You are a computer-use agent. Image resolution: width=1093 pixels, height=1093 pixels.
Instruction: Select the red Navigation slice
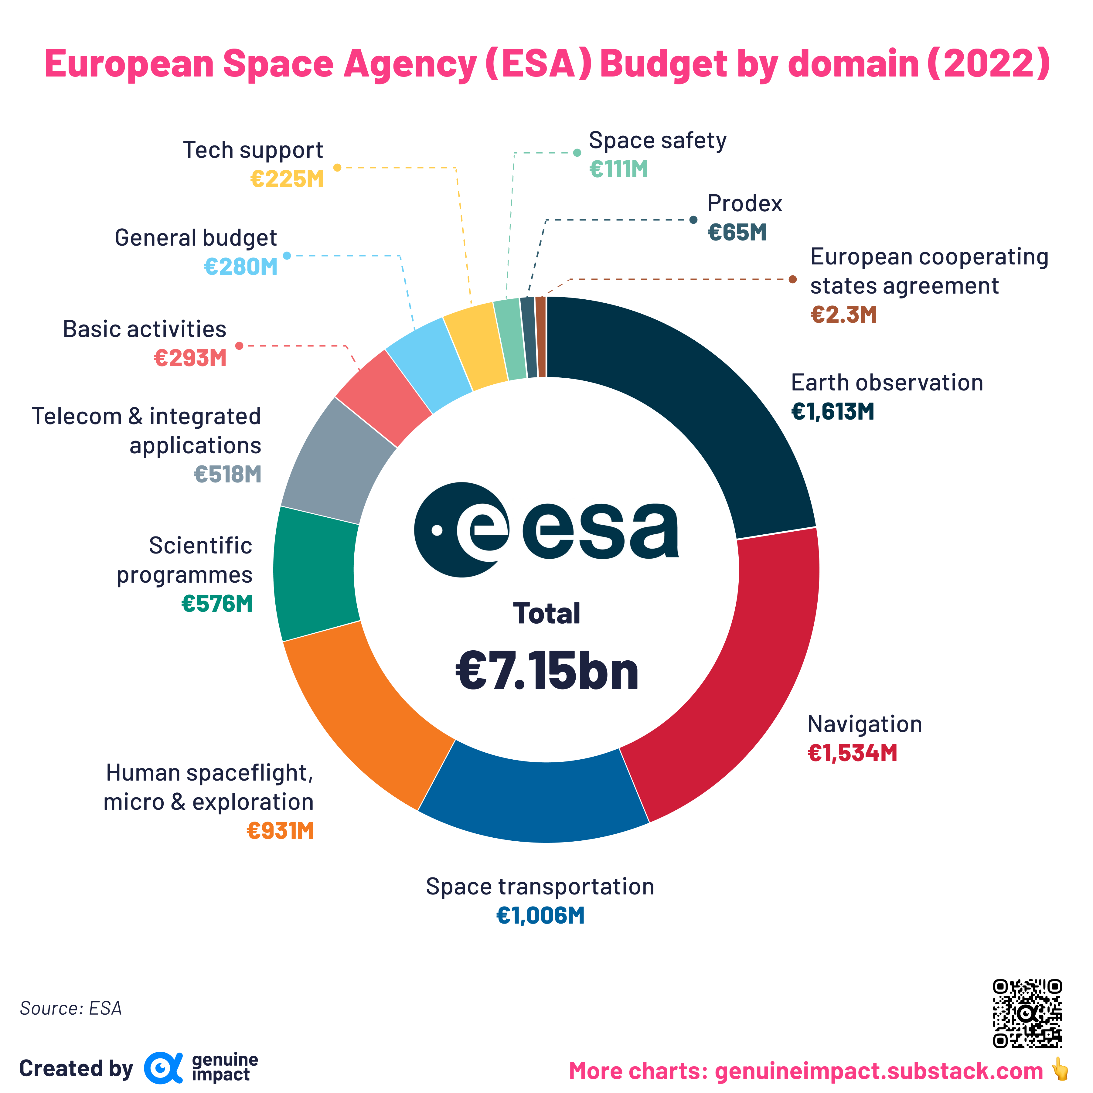click(752, 679)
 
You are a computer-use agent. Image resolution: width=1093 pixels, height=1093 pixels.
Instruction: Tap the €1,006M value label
click(540, 915)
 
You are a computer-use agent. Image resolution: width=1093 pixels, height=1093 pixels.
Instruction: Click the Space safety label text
click(657, 140)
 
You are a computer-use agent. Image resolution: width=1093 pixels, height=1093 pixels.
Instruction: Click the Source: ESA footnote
click(71, 1008)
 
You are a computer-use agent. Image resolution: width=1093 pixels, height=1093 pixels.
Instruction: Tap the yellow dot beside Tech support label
click(337, 168)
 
